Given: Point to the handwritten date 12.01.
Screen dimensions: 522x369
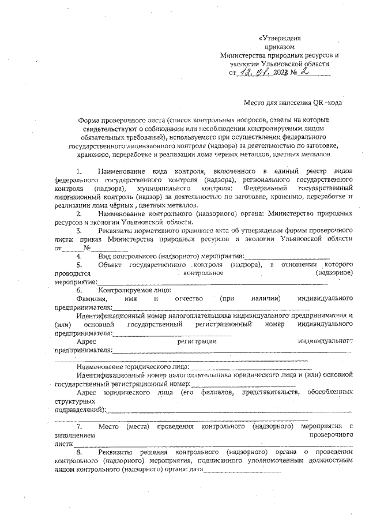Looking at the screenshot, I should coord(255,72).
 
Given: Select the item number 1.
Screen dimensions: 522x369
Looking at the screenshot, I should coord(79,172).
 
